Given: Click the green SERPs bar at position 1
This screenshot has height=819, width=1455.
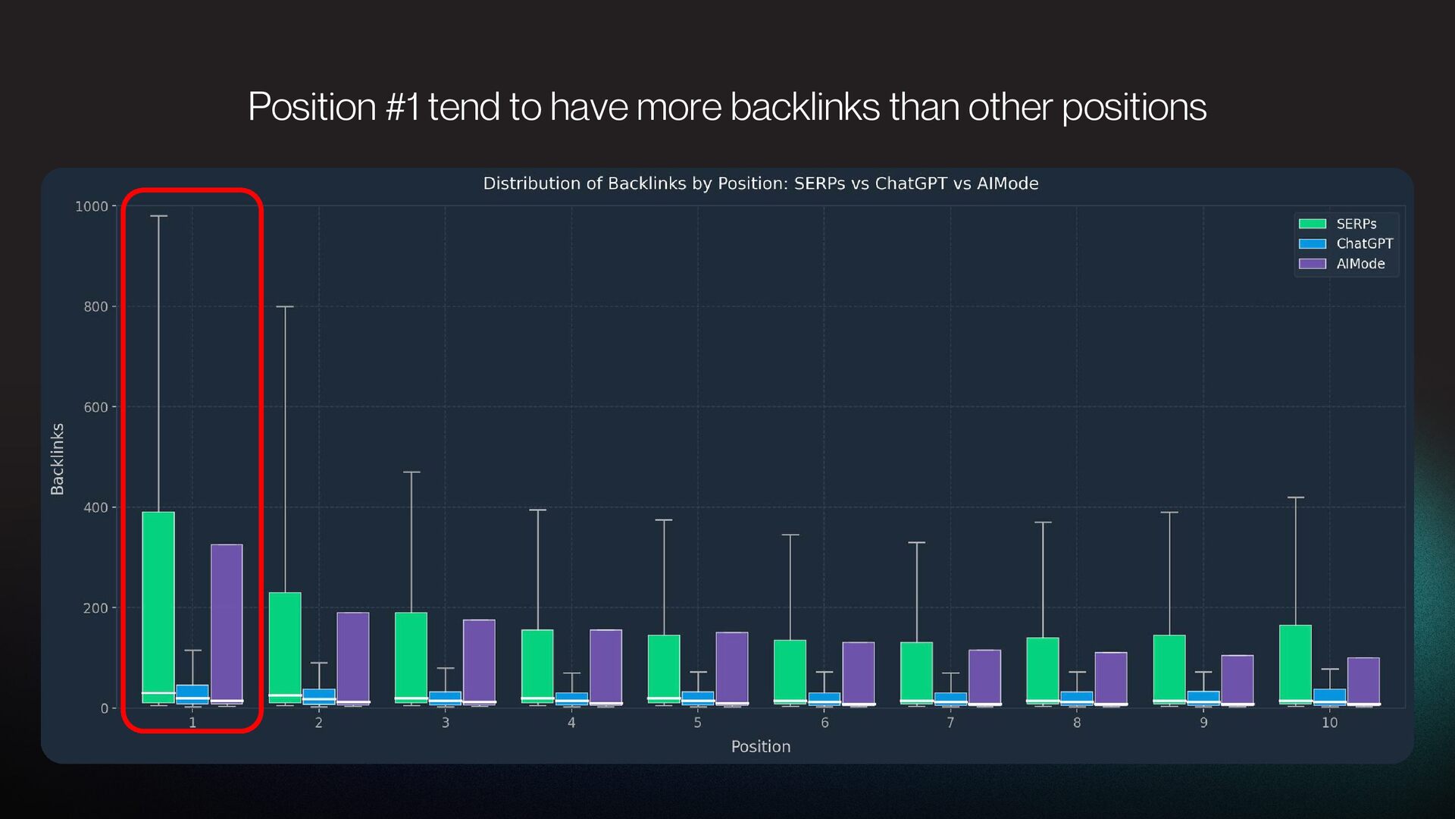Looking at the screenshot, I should point(158,607).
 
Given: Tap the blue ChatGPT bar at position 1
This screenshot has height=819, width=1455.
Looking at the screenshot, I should point(192,694).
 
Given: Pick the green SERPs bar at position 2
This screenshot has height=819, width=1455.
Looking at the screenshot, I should point(285,648).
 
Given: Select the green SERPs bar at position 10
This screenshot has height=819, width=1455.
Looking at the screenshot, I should point(1295,664).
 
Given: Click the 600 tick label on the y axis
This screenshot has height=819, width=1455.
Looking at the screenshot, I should point(96,407).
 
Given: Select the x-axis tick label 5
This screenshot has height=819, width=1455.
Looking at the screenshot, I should point(698,723).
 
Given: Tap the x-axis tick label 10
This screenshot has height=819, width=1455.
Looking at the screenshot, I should point(1329,723).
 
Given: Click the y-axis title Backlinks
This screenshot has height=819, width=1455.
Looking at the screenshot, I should point(58,459).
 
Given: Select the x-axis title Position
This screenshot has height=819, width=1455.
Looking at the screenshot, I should point(760,746).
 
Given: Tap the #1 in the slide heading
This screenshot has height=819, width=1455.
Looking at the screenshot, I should point(402,107).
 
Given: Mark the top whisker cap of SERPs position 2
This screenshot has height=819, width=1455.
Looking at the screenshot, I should point(285,307).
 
